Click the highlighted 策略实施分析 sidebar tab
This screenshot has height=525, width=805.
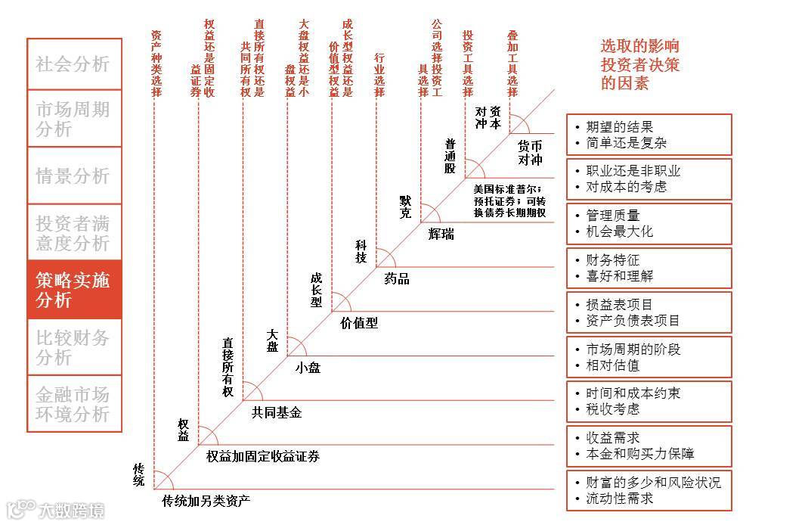click(x=74, y=290)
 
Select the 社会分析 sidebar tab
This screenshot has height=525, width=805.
click(x=74, y=64)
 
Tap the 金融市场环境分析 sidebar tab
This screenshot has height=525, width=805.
click(x=74, y=404)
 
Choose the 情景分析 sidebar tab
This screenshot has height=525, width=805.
click(x=74, y=176)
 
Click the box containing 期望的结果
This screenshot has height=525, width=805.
click(x=649, y=135)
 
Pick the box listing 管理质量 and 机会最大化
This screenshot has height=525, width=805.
click(x=649, y=223)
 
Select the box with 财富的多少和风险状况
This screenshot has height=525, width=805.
click(x=649, y=490)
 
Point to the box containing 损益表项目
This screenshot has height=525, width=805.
click(x=649, y=312)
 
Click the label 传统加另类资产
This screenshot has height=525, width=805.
click(x=206, y=500)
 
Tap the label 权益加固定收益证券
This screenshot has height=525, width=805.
click(x=262, y=456)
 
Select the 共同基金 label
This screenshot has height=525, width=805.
click(x=276, y=412)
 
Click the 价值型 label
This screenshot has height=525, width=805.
click(x=358, y=323)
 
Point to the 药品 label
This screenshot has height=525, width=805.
click(x=397, y=278)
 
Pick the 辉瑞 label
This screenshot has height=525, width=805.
click(x=441, y=234)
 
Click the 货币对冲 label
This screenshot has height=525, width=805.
click(x=530, y=152)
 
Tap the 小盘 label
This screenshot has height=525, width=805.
click(x=308, y=368)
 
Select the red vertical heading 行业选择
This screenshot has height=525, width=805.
click(x=379, y=75)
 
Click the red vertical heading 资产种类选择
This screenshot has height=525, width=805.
click(x=156, y=64)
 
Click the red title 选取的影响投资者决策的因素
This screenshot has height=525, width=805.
click(x=639, y=64)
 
